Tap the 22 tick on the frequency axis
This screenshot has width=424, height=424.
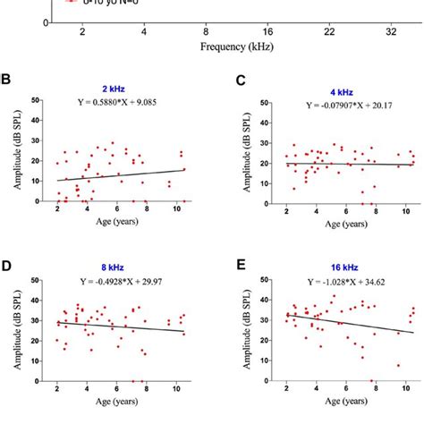click(329, 31)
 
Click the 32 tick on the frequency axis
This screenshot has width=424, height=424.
click(391, 31)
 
